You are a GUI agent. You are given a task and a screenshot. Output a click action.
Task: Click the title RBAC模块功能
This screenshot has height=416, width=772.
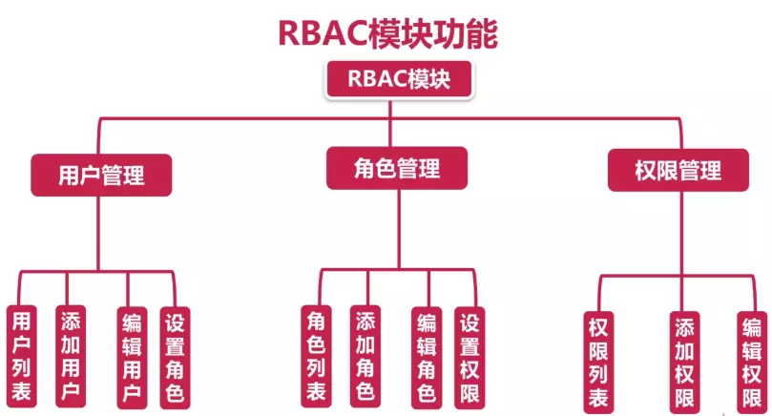click(x=386, y=31)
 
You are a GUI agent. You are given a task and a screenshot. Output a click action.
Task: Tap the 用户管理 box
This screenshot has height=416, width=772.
click(x=101, y=176)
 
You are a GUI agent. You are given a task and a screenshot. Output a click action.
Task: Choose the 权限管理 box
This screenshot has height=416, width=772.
click(x=678, y=171)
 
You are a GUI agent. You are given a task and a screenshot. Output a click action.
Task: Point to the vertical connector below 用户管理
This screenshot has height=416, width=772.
click(x=99, y=234)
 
